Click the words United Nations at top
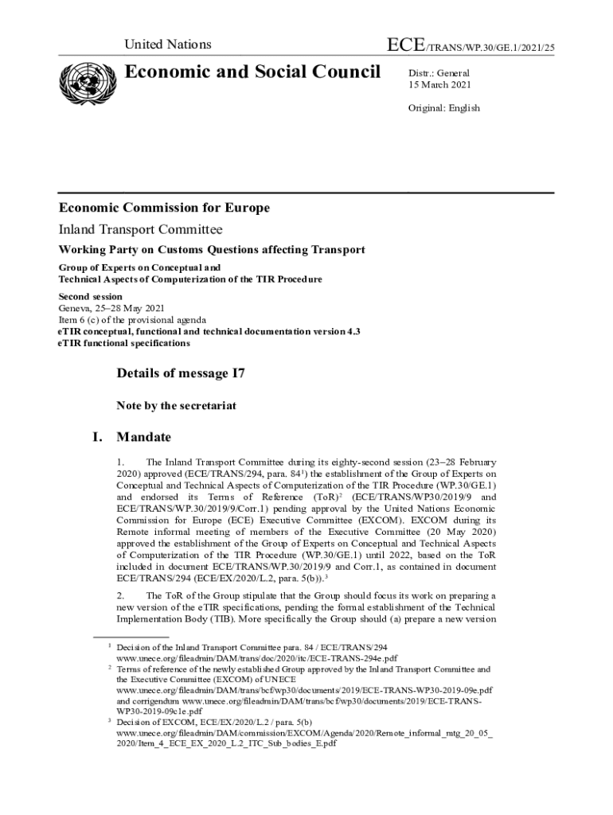click(x=167, y=45)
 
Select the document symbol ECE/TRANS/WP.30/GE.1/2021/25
click(x=470, y=46)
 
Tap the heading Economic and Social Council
click(x=253, y=72)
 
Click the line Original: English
click(x=444, y=108)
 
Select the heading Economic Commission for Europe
click(x=164, y=209)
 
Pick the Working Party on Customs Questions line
click(x=212, y=249)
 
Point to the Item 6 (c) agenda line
click(x=133, y=320)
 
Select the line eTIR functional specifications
click(x=124, y=343)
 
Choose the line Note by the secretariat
click(x=176, y=406)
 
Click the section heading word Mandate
click(x=143, y=437)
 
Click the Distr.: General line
click(x=439, y=73)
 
